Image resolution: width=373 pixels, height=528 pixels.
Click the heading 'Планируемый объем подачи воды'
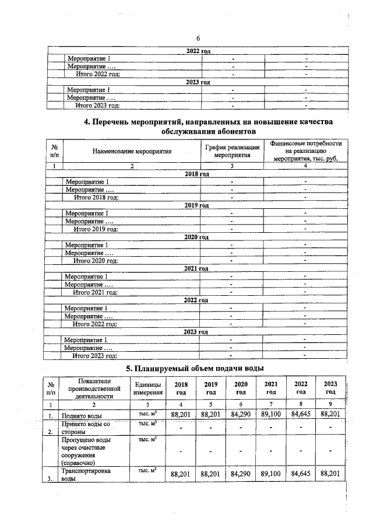tap(195, 368)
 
